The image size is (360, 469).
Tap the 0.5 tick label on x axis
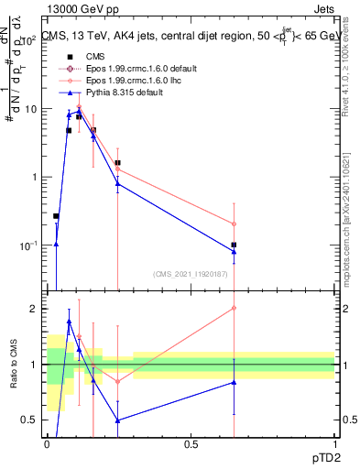pos(191,443)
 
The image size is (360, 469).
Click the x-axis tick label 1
pos(334,443)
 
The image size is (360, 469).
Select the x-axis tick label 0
pos(47,443)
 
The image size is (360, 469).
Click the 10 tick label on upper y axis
pos(31,109)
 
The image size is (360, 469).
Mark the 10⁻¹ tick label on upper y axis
pos(30,245)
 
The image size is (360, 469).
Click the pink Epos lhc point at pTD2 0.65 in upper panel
pos(234,224)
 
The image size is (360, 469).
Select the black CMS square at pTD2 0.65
pos(234,245)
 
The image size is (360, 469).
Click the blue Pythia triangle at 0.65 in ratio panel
pos(234,382)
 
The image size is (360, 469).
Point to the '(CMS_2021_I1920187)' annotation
pos(191,273)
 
